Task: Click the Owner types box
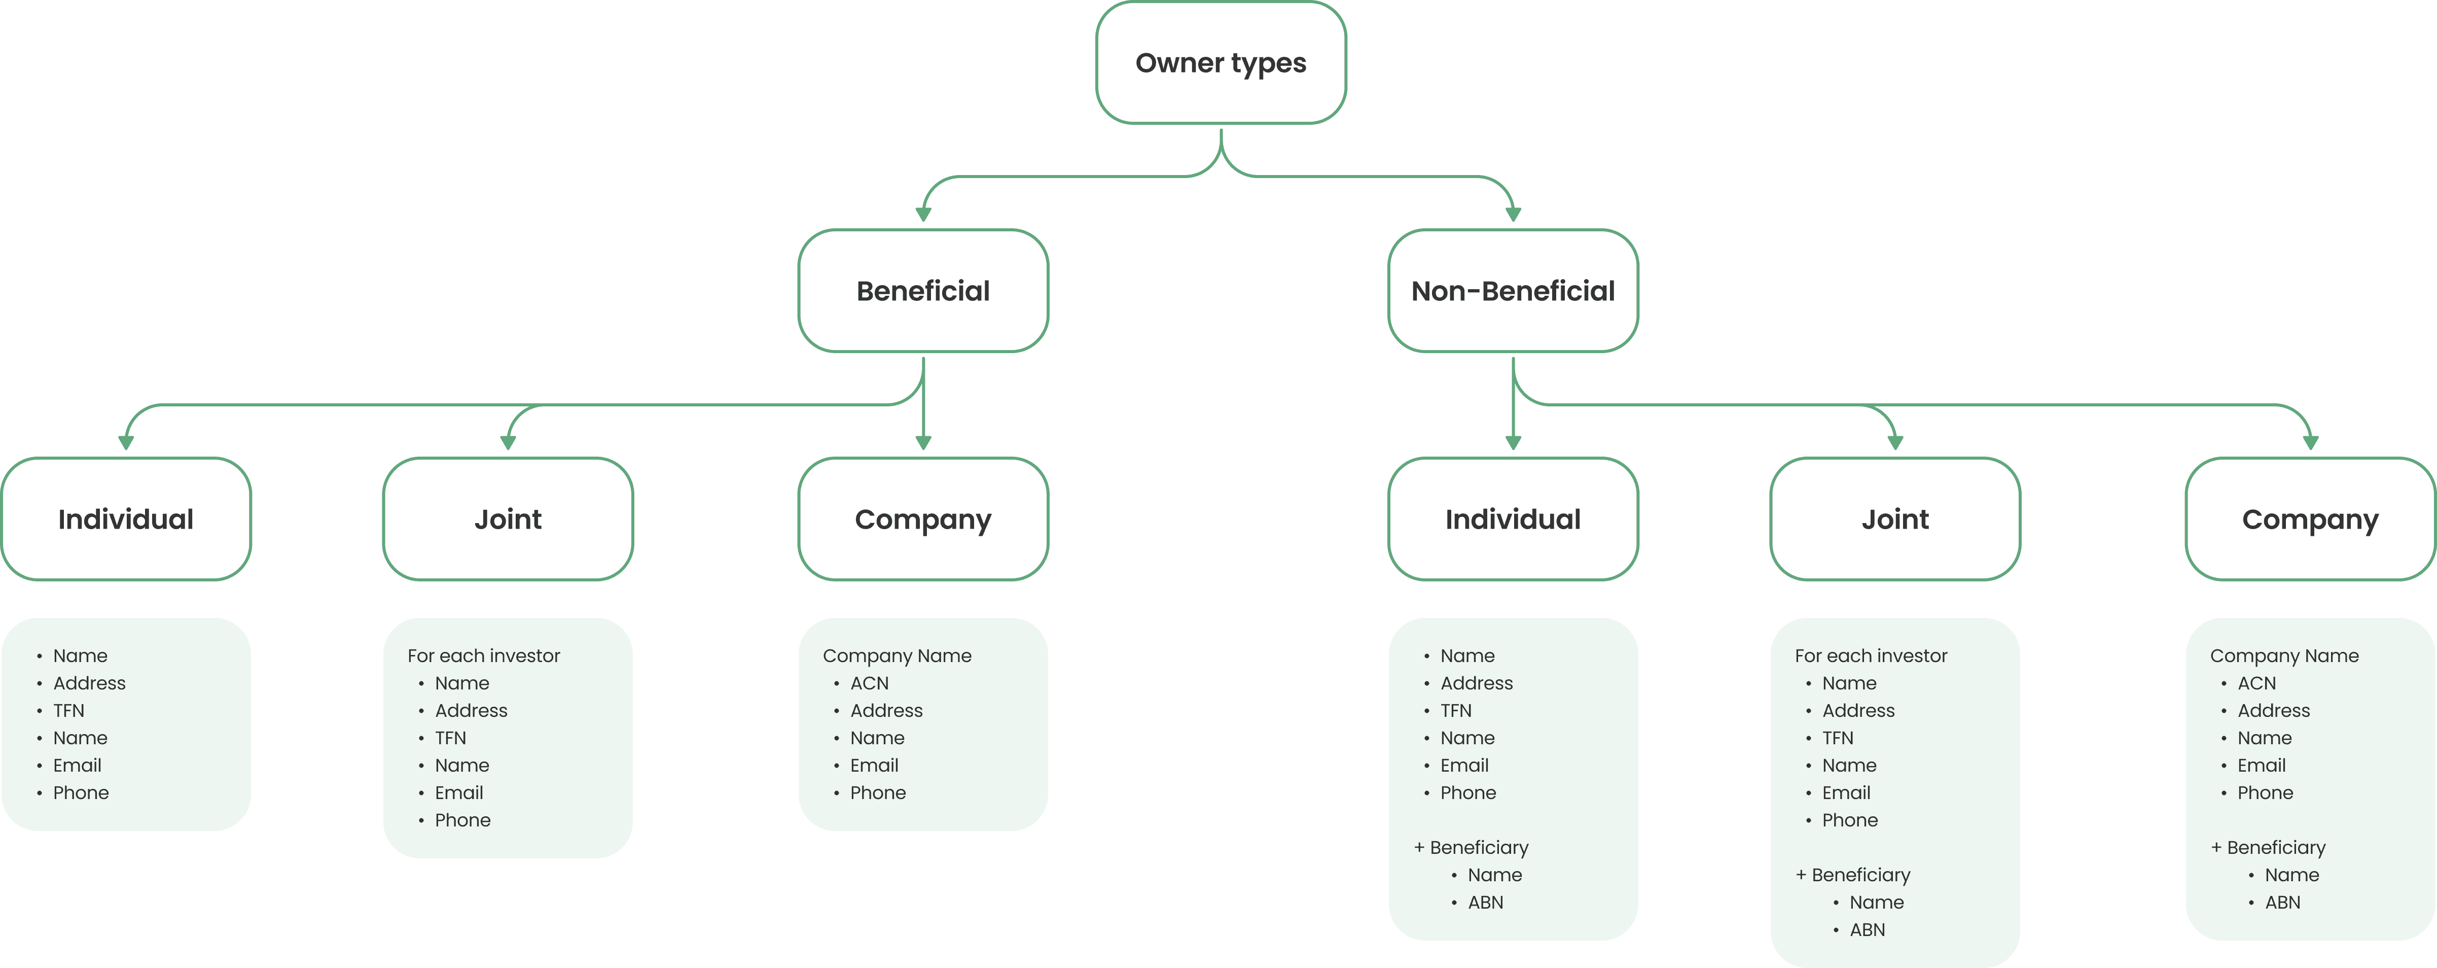(1221, 62)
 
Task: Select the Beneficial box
(923, 291)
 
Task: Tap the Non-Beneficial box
(1513, 291)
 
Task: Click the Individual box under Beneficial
(126, 518)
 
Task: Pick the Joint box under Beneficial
(508, 518)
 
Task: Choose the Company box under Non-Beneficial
(2310, 518)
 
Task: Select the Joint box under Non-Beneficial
(1895, 518)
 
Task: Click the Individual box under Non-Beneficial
(1513, 518)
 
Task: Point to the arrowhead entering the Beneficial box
(923, 215)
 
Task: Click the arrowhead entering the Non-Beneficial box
(1513, 215)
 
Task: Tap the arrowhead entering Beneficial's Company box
(923, 443)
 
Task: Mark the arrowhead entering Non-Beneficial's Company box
(2310, 443)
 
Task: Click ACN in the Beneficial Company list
(870, 683)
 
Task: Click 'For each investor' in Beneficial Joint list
(483, 656)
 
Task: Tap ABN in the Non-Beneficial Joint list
(1868, 930)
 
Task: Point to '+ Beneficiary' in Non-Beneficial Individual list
(1471, 848)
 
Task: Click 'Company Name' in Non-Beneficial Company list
(2284, 656)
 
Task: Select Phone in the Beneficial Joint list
(462, 820)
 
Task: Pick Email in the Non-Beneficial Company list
(2261, 766)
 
